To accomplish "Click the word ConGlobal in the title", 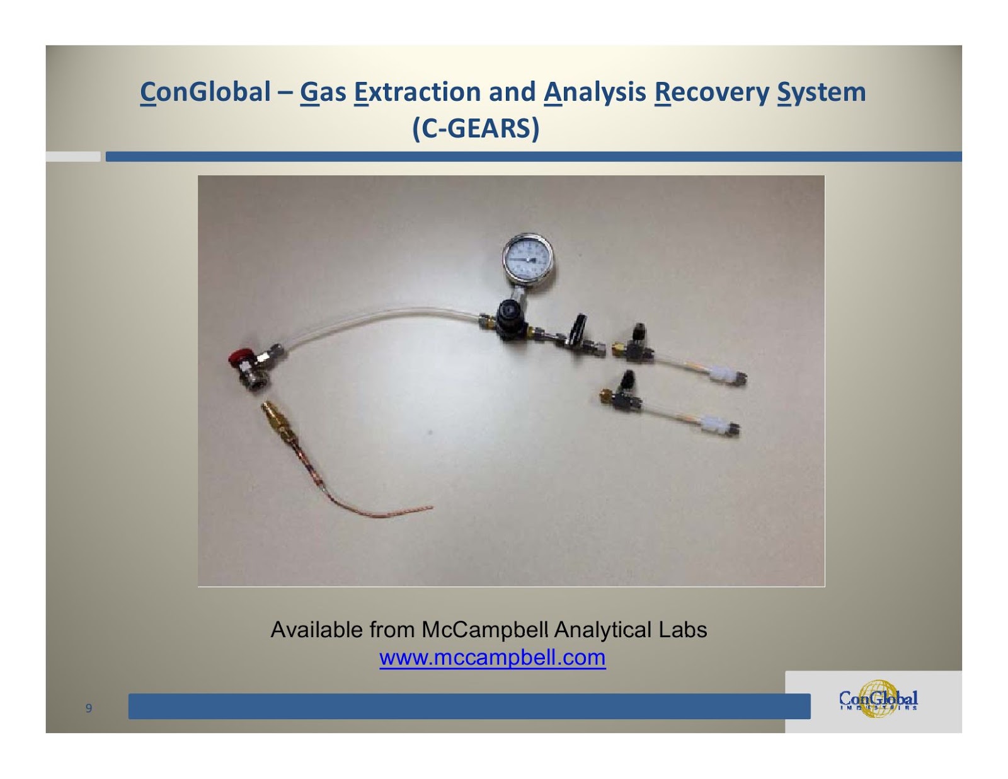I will point(205,92).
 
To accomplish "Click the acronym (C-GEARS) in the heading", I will point(476,129).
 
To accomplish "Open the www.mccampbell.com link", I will point(492,657).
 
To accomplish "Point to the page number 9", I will point(89,708).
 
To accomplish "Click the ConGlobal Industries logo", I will point(878,699).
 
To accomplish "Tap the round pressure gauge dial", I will point(528,258).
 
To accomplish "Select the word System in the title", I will point(822,92).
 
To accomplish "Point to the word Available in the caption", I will point(316,630).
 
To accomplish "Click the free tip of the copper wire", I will point(431,507).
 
